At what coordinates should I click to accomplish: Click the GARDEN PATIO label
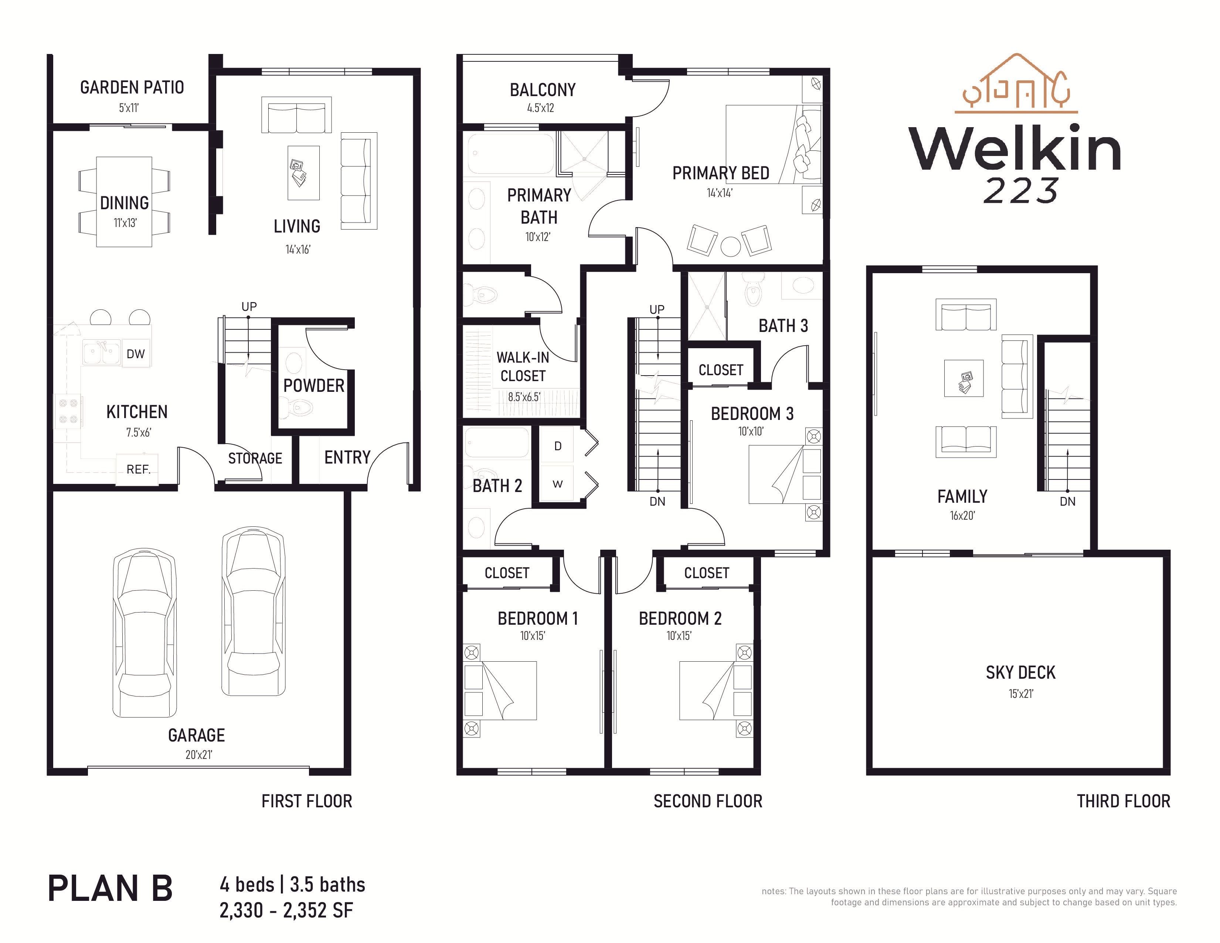coord(132,87)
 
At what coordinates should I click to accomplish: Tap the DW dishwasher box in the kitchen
coord(135,354)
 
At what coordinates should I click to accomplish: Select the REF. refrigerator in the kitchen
coord(137,469)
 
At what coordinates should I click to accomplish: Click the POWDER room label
coord(313,386)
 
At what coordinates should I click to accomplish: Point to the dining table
coord(124,202)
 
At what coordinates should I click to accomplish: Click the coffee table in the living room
coord(303,173)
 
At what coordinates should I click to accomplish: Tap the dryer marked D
coord(557,446)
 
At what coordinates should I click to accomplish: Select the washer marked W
coord(557,484)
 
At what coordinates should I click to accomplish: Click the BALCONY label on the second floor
coord(543,89)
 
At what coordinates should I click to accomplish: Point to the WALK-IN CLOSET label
coord(523,366)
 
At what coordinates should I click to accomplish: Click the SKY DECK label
coord(1020,673)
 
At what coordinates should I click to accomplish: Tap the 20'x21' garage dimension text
coord(199,755)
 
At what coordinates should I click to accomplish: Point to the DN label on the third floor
coord(1067,502)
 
